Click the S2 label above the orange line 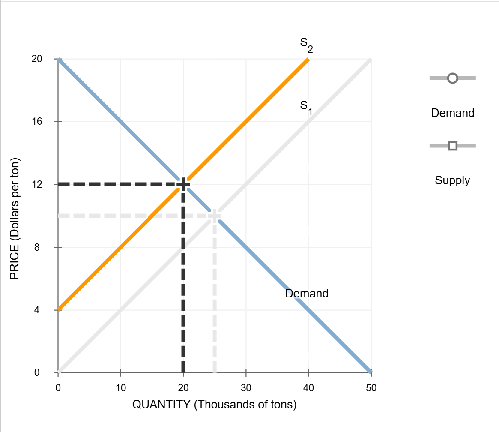coord(306,45)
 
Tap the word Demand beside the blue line coord(307,294)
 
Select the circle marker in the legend coord(452,78)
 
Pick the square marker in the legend coord(452,146)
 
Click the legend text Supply coord(452,180)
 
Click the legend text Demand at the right coord(453,113)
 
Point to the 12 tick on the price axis coord(37,184)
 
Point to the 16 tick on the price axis coord(37,122)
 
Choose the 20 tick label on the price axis coord(37,59)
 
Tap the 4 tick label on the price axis coord(38,310)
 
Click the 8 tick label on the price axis coord(38,247)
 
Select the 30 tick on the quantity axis coord(246,388)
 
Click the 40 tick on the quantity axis coord(308,388)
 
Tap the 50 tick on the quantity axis coord(371,388)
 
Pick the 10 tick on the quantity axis coord(121,388)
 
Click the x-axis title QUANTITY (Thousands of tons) coord(214,405)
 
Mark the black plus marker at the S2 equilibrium coord(183,184)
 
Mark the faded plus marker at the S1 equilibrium coord(215,216)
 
